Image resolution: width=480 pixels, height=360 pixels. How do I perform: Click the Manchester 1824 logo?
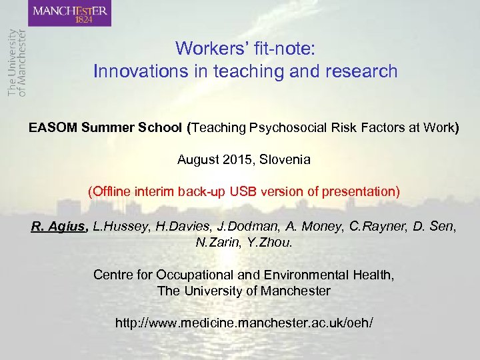click(71, 13)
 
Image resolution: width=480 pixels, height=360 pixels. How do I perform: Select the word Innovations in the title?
click(134, 71)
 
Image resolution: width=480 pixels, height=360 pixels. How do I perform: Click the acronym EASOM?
click(53, 128)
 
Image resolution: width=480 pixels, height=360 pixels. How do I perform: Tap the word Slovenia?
click(285, 160)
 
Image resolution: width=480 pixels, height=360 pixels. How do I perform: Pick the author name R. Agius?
click(59, 227)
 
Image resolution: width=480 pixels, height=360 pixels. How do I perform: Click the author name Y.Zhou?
click(271, 242)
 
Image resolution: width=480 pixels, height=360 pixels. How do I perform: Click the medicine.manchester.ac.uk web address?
click(244, 323)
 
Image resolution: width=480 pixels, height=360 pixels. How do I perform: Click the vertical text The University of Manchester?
click(16, 63)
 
